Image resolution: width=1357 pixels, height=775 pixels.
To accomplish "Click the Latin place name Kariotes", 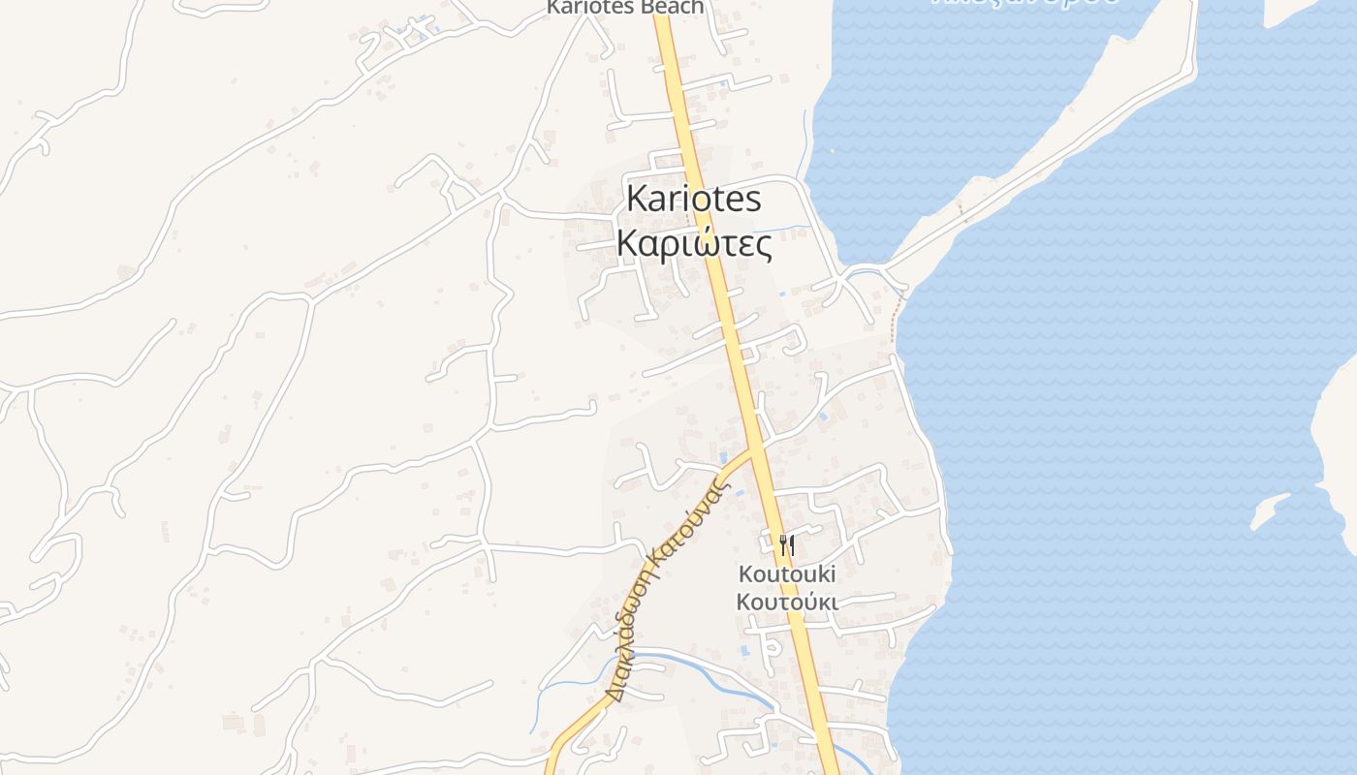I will click(693, 199).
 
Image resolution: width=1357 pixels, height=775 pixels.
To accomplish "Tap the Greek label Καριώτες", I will click(694, 244).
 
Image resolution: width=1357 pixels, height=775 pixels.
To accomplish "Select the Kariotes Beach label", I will click(624, 8).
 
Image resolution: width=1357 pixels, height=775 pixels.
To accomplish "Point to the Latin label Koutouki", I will click(787, 573).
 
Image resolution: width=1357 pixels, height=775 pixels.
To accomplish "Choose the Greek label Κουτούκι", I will click(787, 602).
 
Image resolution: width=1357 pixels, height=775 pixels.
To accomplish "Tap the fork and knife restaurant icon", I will click(787, 545).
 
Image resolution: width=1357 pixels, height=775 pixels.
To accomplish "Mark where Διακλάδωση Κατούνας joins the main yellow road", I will click(756, 449).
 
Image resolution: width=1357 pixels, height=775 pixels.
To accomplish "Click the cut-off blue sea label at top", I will click(1026, 3).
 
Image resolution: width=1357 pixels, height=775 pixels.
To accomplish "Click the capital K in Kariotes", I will click(636, 199).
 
